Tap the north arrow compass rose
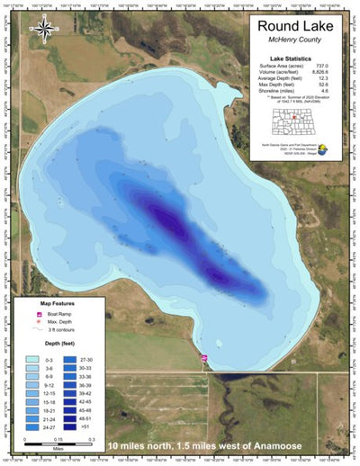pyautogui.click(x=42, y=29)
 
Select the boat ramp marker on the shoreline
pyautogui.click(x=204, y=360)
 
